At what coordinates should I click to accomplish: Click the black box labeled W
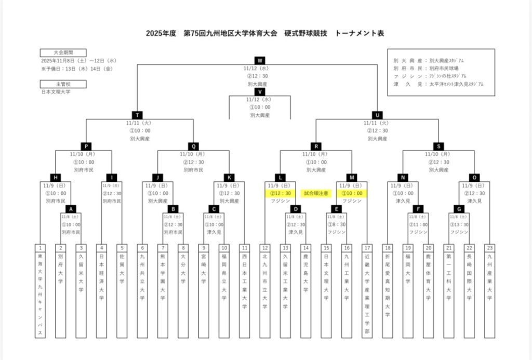[x=260, y=60]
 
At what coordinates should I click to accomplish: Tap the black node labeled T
[x=137, y=115]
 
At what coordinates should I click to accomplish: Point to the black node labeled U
[x=377, y=115]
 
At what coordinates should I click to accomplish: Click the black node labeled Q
[x=194, y=146]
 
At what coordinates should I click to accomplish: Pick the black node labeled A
[x=72, y=209]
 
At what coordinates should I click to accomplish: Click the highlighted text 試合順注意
[x=316, y=193]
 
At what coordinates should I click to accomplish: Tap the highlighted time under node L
[x=281, y=193]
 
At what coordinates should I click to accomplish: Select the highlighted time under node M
[x=353, y=193]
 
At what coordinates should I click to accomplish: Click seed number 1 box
[x=41, y=248]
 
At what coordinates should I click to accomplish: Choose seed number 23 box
[x=489, y=248]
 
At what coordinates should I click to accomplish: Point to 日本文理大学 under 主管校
[x=56, y=92]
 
